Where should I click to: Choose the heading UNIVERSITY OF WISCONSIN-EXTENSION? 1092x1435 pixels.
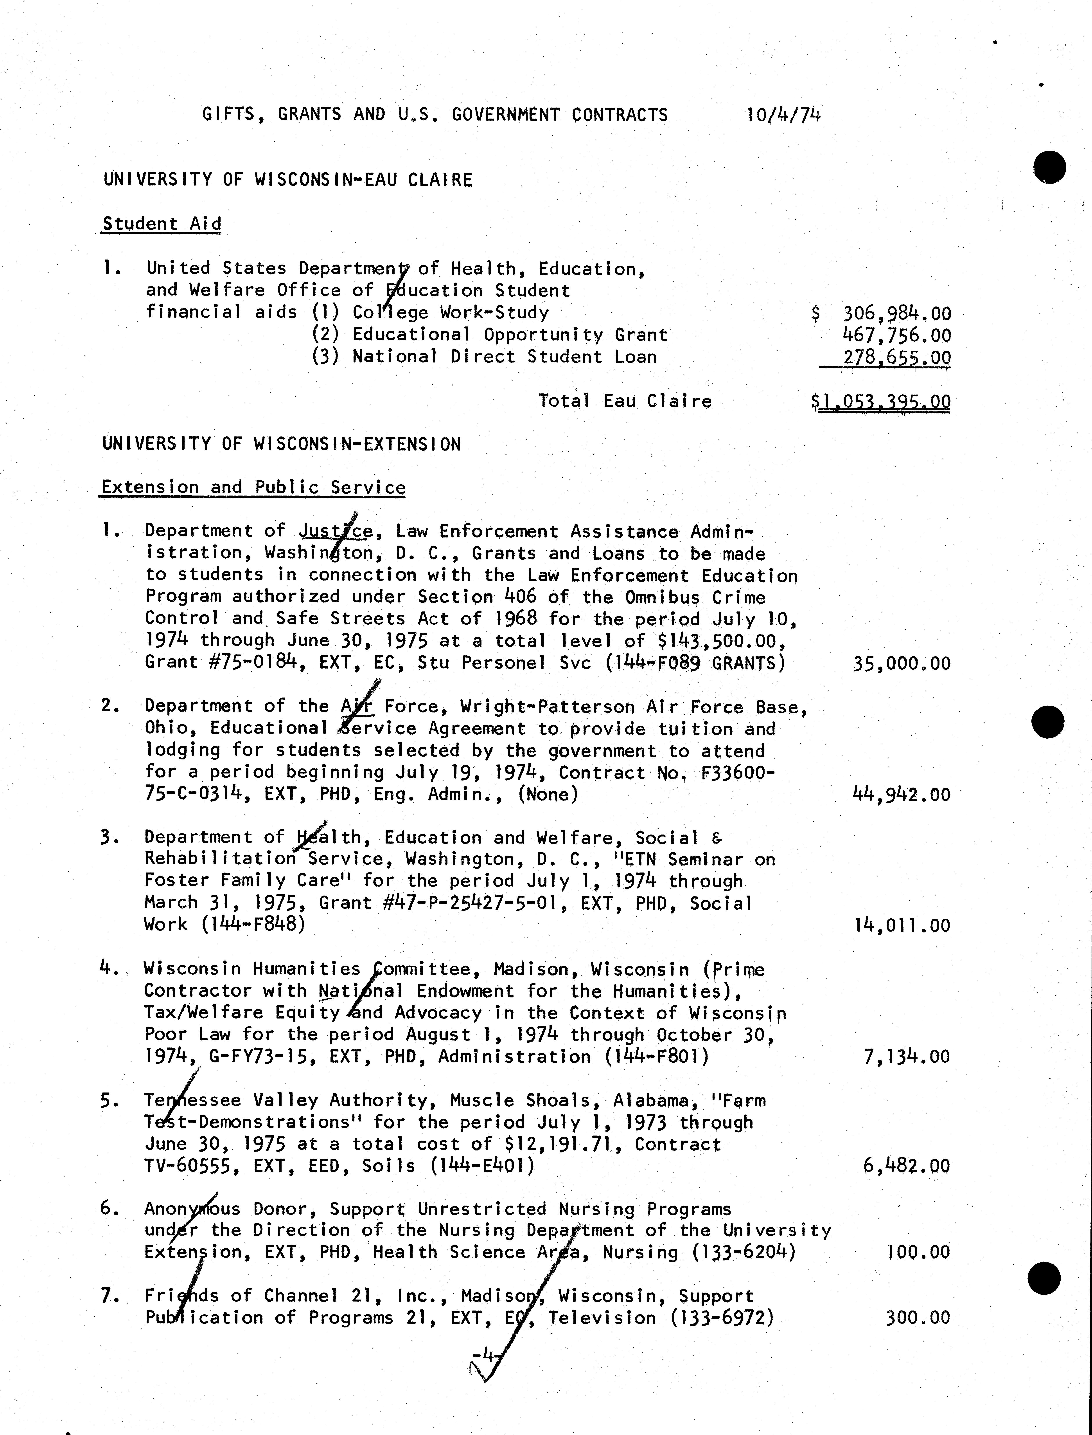[282, 445]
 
